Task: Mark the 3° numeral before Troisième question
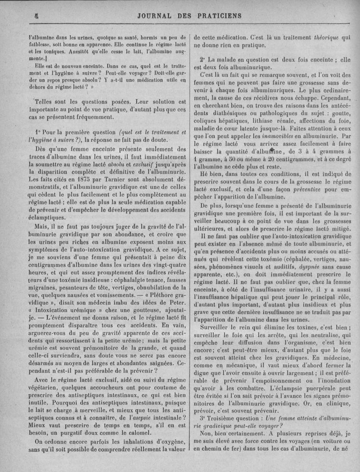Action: click(x=203, y=417)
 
